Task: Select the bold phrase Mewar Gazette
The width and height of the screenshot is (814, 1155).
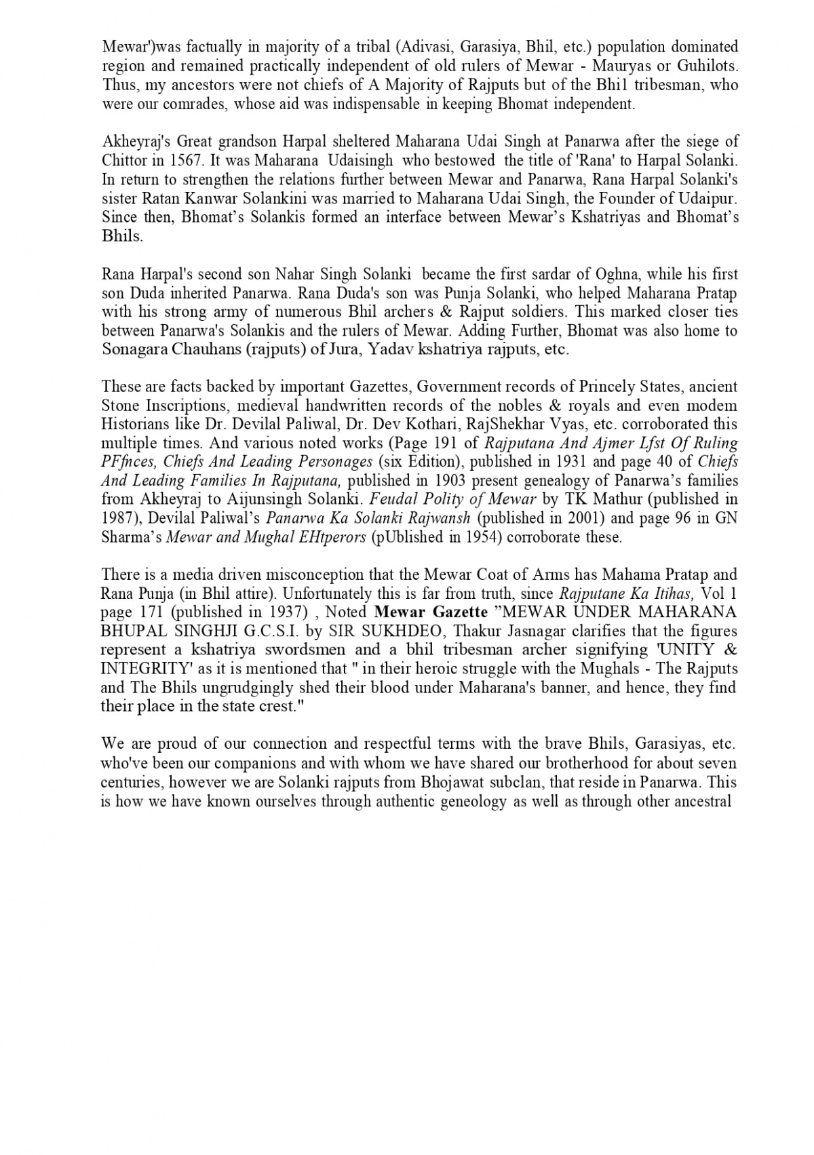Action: (x=431, y=612)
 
